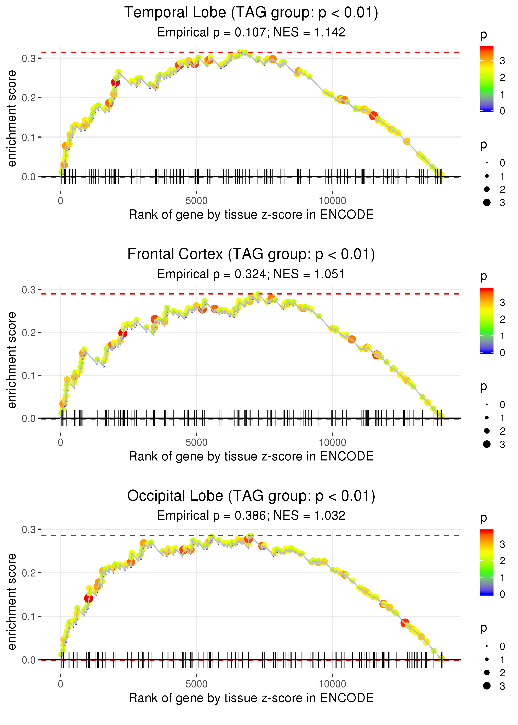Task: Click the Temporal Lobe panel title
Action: tap(251, 13)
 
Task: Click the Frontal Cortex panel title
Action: tap(251, 254)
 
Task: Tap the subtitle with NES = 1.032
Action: tap(251, 516)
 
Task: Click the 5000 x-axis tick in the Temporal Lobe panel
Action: tap(196, 201)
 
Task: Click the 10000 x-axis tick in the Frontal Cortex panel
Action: tap(332, 442)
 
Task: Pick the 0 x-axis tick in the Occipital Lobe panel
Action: tap(61, 684)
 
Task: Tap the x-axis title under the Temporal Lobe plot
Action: tap(251, 215)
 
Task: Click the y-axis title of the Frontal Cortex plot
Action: tap(12, 360)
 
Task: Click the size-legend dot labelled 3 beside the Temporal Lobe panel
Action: tap(487, 202)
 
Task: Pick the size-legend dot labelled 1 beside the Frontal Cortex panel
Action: tap(487, 418)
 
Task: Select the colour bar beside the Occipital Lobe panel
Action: tap(487, 562)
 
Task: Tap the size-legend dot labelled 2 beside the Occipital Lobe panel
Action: tap(487, 672)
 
